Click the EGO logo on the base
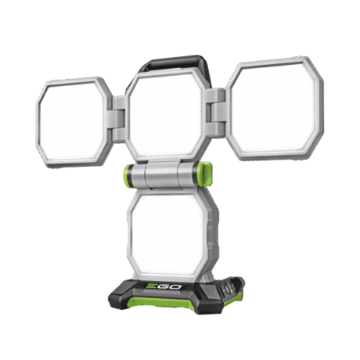pyautogui.click(x=164, y=286)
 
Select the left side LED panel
pyautogui.click(x=74, y=122)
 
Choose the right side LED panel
pyautogui.click(x=275, y=109)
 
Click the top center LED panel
pyautogui.click(x=166, y=116)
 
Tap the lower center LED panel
pyautogui.click(x=169, y=234)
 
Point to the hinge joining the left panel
pyautogui.click(x=119, y=119)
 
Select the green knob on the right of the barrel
pyautogui.click(x=204, y=174)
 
